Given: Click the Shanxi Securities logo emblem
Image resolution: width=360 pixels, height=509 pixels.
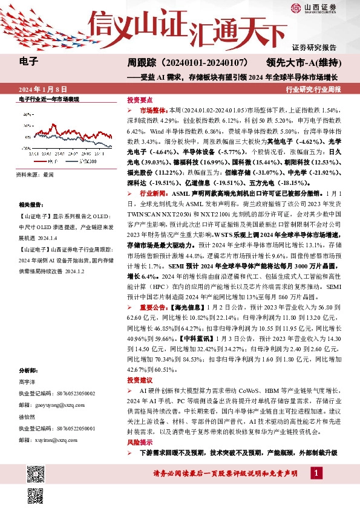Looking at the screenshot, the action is [295, 8].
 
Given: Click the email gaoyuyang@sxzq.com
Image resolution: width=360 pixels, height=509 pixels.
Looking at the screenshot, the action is [51, 402].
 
